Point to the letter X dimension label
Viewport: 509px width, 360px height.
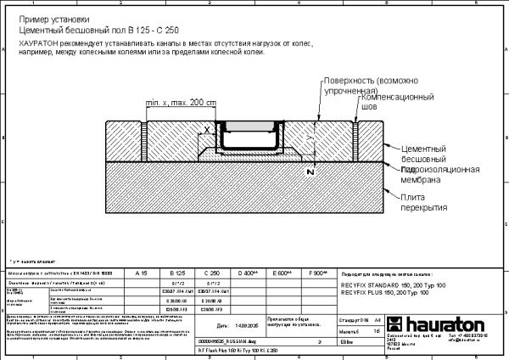pyautogui.click(x=206, y=131)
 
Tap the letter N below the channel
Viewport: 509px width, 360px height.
pyautogui.click(x=310, y=172)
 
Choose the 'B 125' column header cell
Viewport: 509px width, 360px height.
pyautogui.click(x=178, y=274)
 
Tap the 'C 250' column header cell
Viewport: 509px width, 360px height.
pyautogui.click(x=213, y=274)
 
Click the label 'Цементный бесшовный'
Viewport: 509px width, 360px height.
pyautogui.click(x=428, y=154)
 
